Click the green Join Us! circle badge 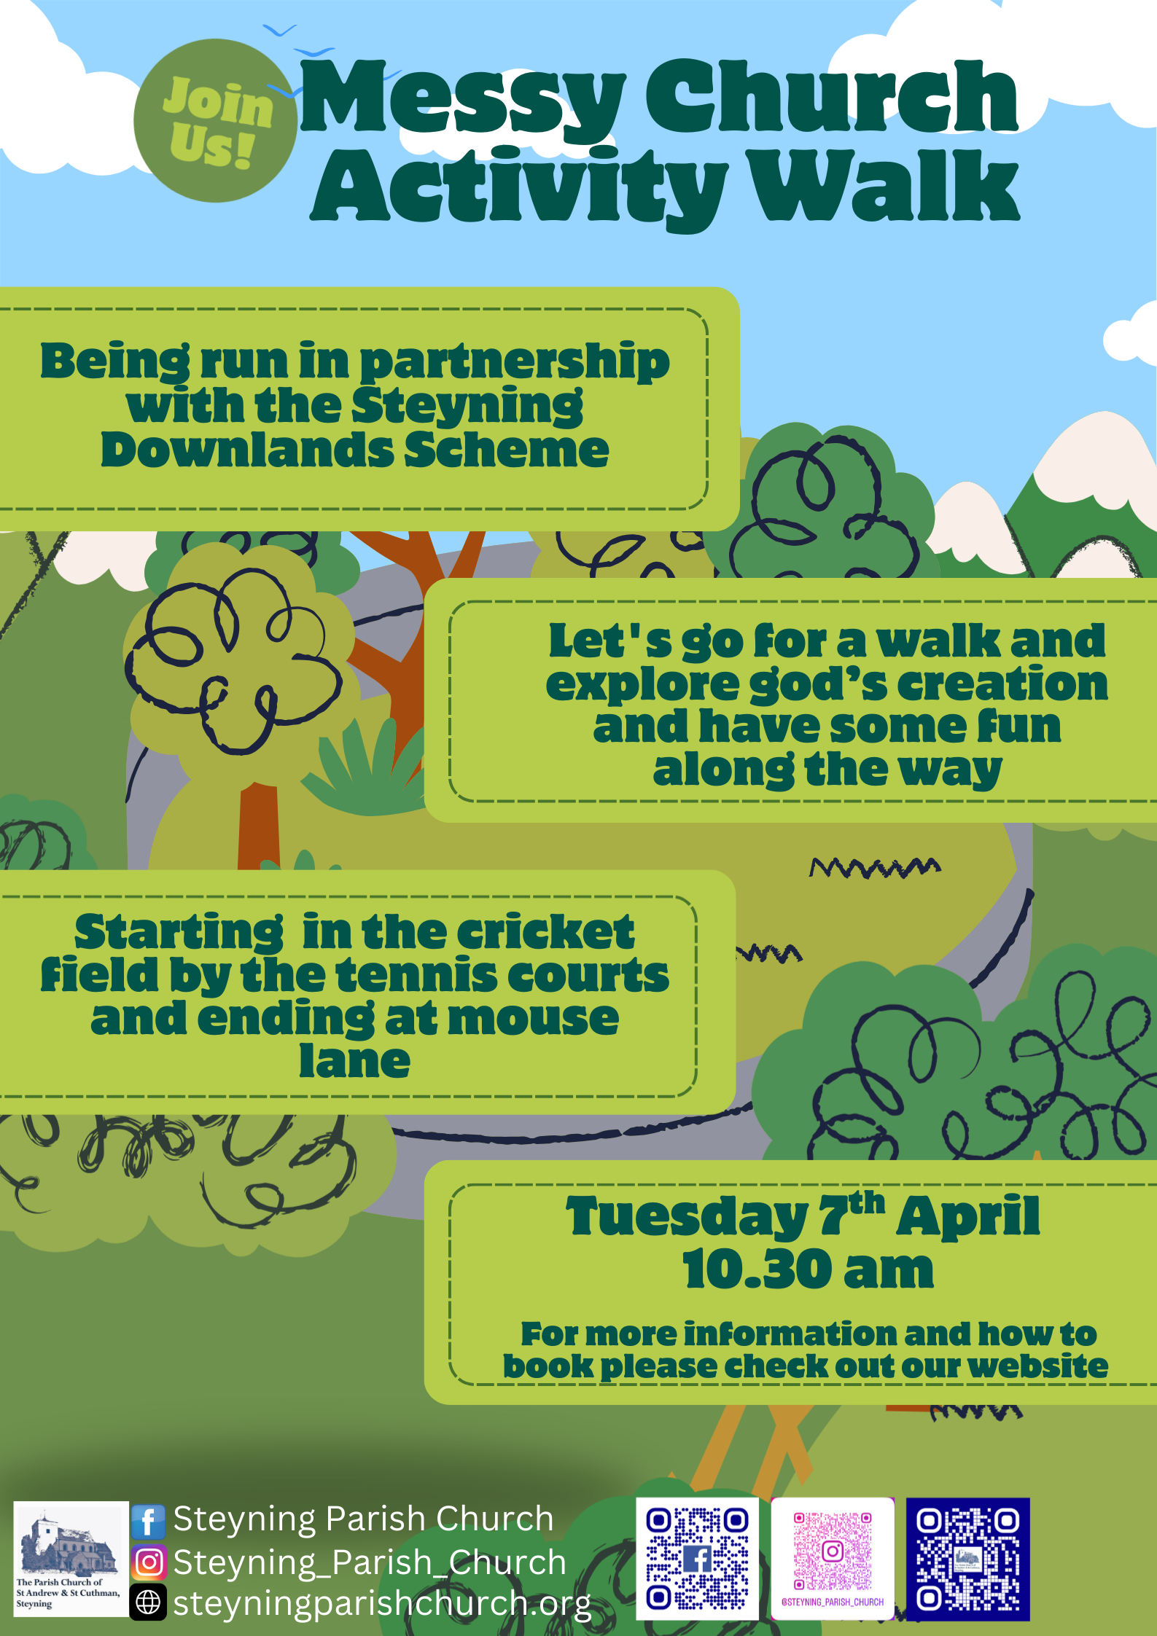coord(215,120)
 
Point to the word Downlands coord(247,450)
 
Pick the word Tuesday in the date coord(687,1216)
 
